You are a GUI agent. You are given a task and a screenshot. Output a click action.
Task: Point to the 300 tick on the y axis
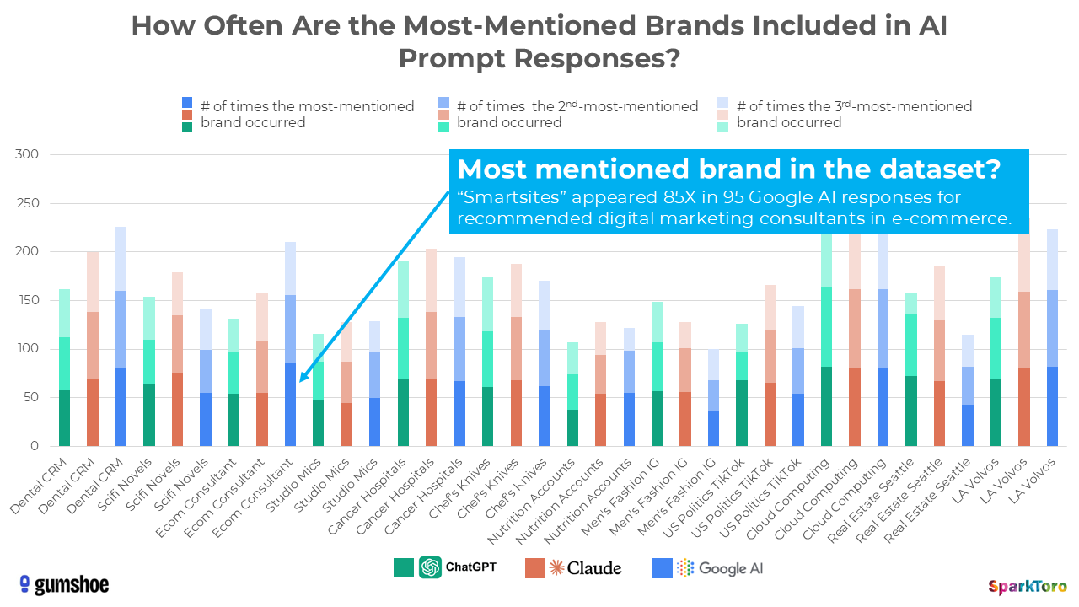coord(28,155)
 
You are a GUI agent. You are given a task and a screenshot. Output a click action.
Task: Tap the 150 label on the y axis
coord(28,300)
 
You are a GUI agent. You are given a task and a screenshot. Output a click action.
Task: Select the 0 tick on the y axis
coord(34,446)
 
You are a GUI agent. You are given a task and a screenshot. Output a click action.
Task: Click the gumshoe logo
coord(63,584)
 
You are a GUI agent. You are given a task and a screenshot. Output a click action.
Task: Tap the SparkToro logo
coord(1027,586)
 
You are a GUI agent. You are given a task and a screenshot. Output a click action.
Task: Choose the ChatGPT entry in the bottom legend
coord(445,567)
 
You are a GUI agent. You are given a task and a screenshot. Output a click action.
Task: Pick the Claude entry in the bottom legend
coord(573,567)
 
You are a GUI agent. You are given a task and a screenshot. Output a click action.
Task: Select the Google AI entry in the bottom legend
coord(709,568)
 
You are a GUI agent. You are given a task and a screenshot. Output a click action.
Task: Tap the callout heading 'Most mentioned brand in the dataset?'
coord(728,169)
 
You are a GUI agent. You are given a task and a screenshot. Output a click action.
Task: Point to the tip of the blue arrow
coord(300,381)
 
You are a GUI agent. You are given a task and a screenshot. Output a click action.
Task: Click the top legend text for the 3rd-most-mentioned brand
coord(853,114)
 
